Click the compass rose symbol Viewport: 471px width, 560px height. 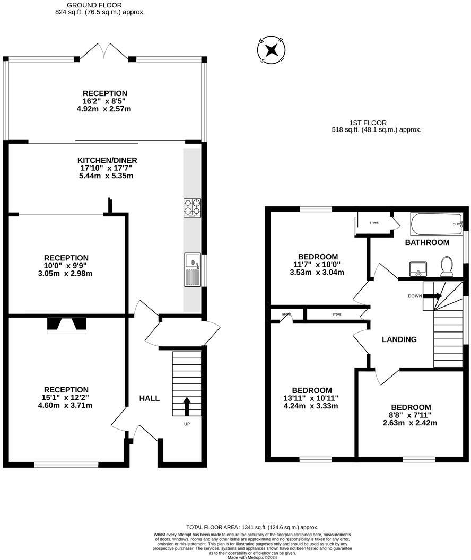click(x=272, y=50)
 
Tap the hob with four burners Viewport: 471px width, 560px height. click(x=192, y=208)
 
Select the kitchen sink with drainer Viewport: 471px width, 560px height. click(x=193, y=269)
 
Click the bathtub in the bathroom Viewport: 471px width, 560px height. click(x=437, y=224)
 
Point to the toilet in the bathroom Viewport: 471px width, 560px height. click(x=447, y=266)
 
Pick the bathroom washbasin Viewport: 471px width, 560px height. click(x=418, y=269)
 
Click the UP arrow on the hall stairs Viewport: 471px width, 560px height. click(x=186, y=406)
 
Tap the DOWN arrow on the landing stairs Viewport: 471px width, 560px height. click(x=432, y=296)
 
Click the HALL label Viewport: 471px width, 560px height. click(x=149, y=398)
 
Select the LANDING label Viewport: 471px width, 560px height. click(x=399, y=339)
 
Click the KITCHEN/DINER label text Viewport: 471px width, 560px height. click(x=107, y=160)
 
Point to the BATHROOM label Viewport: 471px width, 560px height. click(x=427, y=242)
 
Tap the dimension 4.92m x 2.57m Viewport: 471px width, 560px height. click(x=104, y=109)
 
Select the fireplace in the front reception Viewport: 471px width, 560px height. click(x=67, y=326)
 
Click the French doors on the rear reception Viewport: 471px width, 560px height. click(x=104, y=51)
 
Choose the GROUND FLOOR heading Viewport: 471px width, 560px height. click(x=94, y=5)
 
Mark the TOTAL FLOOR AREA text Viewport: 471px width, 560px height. click(x=252, y=527)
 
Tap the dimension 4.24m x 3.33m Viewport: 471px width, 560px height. click(x=311, y=406)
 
